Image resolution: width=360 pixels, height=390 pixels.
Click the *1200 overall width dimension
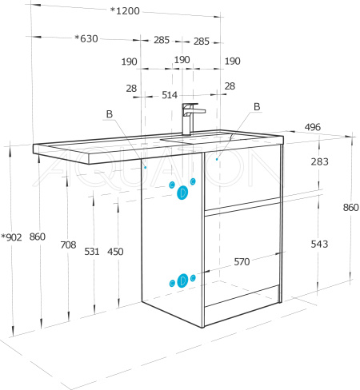[x=125, y=11]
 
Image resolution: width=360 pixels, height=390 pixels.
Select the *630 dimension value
[x=86, y=38]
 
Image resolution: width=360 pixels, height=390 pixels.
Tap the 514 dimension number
[x=170, y=95]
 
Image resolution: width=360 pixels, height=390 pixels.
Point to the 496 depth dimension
[x=313, y=127]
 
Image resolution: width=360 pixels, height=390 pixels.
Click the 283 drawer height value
[x=319, y=161]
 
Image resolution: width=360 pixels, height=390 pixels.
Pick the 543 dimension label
[x=319, y=244]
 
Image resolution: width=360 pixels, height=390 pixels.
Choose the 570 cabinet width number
[x=242, y=262]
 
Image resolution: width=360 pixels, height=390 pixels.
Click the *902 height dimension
[x=11, y=237]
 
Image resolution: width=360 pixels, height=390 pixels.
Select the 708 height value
[x=68, y=245]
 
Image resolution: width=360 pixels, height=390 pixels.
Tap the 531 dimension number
[x=92, y=252]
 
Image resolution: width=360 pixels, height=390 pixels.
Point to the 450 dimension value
[x=115, y=252]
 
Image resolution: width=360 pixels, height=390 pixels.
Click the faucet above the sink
[x=191, y=118]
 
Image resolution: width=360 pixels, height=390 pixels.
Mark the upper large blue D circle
[x=182, y=193]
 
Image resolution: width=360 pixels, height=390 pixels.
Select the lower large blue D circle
[x=182, y=281]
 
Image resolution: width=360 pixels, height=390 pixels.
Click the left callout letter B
[x=110, y=114]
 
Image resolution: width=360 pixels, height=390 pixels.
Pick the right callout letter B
[x=257, y=106]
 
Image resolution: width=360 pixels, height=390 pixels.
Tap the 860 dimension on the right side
[x=351, y=207]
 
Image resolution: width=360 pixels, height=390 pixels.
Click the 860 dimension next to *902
[x=38, y=237]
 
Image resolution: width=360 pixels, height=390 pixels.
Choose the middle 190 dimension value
[x=182, y=60]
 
